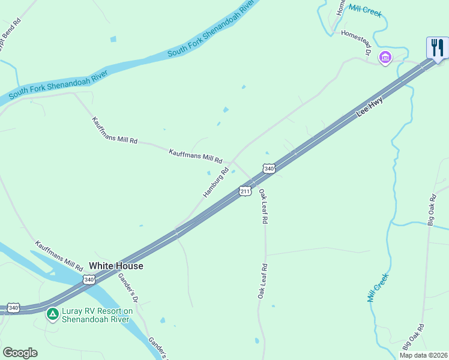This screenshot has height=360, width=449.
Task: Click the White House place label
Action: [116, 265]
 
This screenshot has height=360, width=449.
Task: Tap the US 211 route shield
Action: [245, 191]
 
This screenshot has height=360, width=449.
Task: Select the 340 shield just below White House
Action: [89, 280]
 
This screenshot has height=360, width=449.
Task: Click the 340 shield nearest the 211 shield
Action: [269, 169]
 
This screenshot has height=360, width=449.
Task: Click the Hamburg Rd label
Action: [216, 182]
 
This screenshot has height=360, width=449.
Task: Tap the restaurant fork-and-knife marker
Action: [438, 47]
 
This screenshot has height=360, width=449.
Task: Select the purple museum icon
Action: [385, 58]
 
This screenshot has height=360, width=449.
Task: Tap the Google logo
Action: [20, 353]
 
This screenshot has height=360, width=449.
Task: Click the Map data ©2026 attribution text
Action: [423, 355]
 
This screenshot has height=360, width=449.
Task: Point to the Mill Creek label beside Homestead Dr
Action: [364, 10]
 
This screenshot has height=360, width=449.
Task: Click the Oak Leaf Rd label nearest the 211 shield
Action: [262, 206]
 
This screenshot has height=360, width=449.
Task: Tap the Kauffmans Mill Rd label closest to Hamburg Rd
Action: [196, 157]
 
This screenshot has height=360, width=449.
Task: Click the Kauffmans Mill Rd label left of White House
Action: [58, 256]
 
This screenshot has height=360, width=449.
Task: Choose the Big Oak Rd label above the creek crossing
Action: [432, 209]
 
